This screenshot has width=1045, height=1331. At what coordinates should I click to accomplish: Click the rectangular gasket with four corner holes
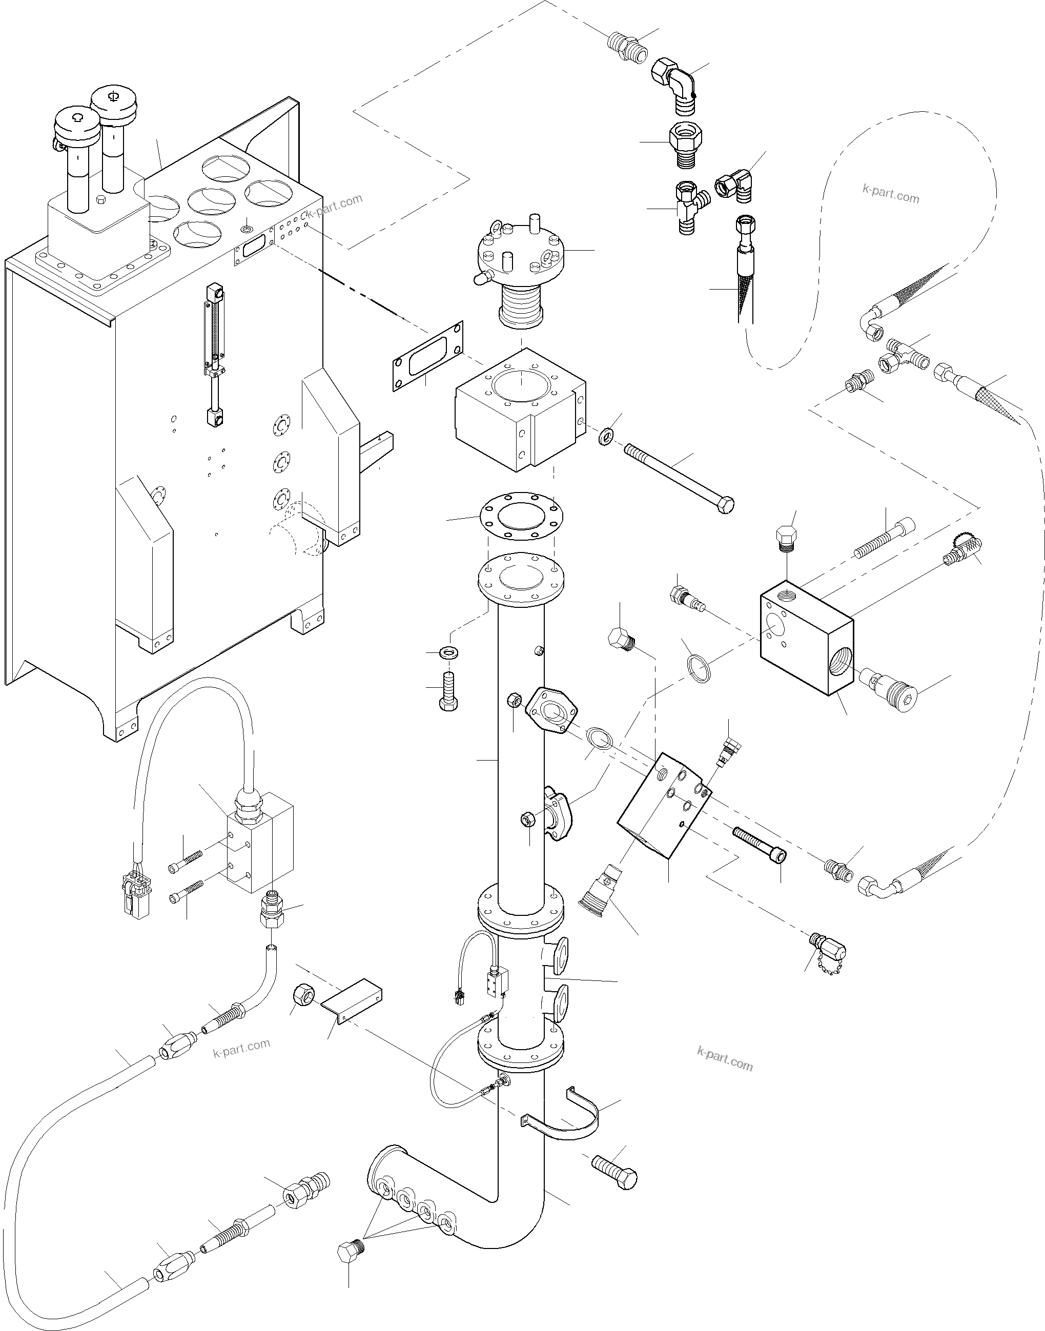point(427,356)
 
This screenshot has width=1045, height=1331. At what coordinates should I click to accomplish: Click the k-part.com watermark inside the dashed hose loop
point(890,195)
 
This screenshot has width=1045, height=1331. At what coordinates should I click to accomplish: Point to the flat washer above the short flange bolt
point(451,651)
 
